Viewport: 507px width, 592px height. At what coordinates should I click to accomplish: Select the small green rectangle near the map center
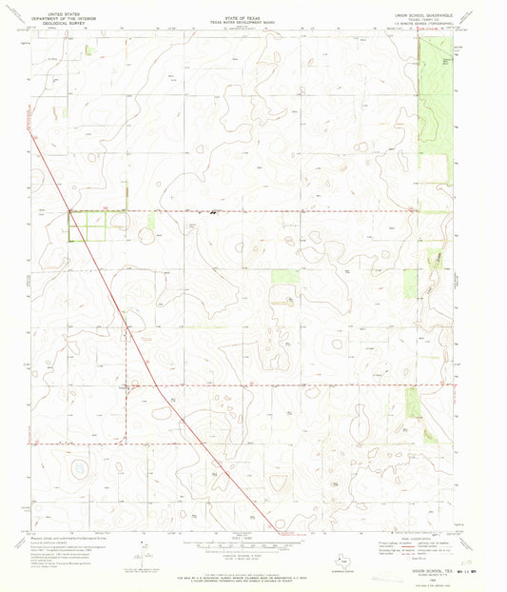[x=283, y=277]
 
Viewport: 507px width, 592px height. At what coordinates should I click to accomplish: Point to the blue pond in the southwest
[x=78, y=468]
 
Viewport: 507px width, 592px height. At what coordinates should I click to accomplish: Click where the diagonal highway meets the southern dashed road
[x=156, y=385]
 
